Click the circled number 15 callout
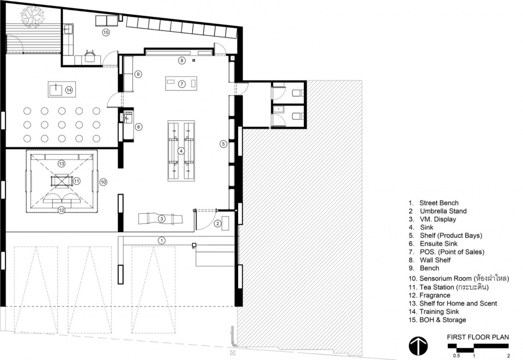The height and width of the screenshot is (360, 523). tap(106, 32)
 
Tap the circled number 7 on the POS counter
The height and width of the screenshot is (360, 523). tap(181, 84)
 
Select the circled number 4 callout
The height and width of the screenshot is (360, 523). tap(181, 151)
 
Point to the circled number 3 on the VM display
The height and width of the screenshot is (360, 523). tap(161, 218)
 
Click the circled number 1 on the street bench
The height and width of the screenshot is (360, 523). tap(161, 240)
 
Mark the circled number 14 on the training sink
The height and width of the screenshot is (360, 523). tap(69, 90)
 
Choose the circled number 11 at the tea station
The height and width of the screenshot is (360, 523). tap(77, 181)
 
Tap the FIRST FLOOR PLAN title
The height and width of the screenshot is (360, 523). tap(478, 337)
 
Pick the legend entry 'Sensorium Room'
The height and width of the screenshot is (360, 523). tap(445, 278)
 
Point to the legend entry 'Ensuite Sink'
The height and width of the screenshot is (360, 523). tap(439, 243)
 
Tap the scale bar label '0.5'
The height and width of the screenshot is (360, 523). tap(457, 355)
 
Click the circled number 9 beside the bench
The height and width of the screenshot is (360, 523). tap(138, 74)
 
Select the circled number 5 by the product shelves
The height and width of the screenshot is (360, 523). tap(223, 144)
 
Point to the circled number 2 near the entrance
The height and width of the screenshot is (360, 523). tap(217, 224)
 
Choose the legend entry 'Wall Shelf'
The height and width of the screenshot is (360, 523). tap(435, 260)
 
